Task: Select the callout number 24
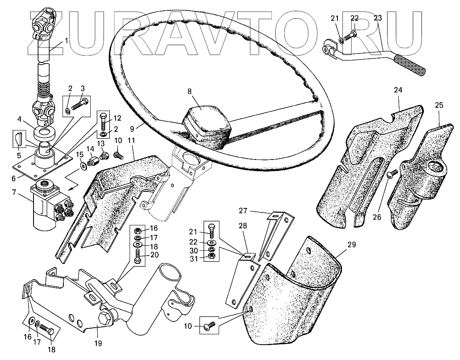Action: (x=398, y=90)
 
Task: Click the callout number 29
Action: (x=352, y=245)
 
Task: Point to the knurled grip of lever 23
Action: (x=410, y=64)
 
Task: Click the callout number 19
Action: (x=98, y=343)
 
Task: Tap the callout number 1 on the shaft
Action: (x=66, y=41)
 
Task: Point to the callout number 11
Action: (x=132, y=140)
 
